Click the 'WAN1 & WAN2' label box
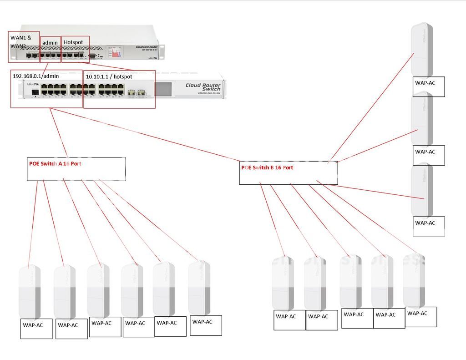point(23,41)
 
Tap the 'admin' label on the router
point(50,43)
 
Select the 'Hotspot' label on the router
point(73,42)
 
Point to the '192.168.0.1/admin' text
point(35,76)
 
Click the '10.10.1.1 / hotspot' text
point(109,77)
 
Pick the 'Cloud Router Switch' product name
point(203,87)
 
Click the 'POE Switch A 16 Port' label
point(55,163)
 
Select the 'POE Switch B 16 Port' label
point(267,167)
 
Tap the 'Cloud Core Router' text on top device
point(147,47)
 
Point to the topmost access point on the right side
point(421,49)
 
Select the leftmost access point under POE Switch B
point(283,283)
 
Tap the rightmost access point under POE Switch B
point(414,280)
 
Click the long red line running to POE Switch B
point(146,134)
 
